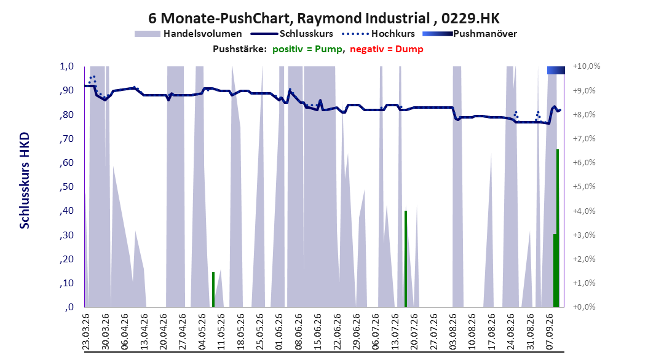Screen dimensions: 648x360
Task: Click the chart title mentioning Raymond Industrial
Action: (x=323, y=18)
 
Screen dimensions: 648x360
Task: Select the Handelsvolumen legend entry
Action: (x=188, y=34)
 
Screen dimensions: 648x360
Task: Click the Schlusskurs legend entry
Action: (x=292, y=34)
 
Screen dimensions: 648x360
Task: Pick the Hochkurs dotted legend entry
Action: (x=379, y=34)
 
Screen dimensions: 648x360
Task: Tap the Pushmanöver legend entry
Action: (x=470, y=34)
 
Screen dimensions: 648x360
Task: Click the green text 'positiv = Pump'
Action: (x=307, y=49)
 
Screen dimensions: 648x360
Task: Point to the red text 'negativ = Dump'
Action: (x=387, y=49)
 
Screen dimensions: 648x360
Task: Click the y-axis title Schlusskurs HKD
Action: (x=25, y=181)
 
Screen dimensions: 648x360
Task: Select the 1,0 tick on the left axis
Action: (x=66, y=66)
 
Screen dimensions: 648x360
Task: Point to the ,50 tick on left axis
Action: (x=66, y=187)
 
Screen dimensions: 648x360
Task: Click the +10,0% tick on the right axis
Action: (x=587, y=66)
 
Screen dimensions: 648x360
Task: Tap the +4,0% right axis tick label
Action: (x=584, y=211)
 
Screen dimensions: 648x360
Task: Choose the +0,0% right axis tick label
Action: (x=584, y=307)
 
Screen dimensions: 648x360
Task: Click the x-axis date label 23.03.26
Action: (x=86, y=332)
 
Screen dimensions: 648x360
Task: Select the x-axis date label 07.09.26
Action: (x=550, y=332)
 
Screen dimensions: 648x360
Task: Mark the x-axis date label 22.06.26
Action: (x=338, y=332)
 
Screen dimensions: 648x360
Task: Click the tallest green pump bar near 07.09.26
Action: (x=558, y=229)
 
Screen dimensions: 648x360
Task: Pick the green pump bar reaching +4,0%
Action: (x=406, y=259)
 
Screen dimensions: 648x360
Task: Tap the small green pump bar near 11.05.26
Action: (x=213, y=290)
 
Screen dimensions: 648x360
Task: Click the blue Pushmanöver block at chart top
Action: (x=556, y=70)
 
